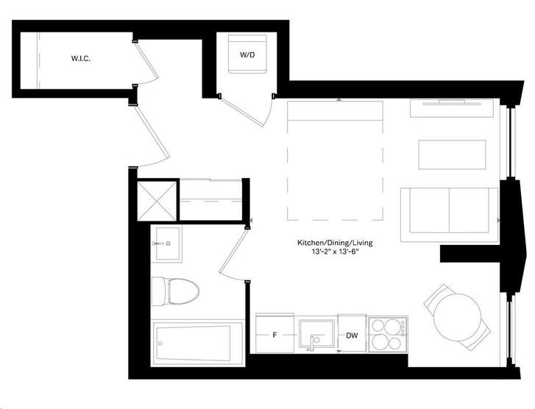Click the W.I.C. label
(81, 58)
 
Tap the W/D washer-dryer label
(247, 54)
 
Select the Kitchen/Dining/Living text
(335, 243)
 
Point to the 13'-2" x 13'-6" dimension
(335, 252)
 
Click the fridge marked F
(274, 334)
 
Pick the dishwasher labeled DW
(352, 334)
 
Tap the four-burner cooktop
(388, 334)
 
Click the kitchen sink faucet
(311, 343)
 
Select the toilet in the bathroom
(175, 291)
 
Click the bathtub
(197, 343)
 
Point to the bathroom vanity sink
(166, 243)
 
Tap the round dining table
(457, 317)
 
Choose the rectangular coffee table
(452, 154)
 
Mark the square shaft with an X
(157, 201)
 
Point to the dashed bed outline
(335, 160)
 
